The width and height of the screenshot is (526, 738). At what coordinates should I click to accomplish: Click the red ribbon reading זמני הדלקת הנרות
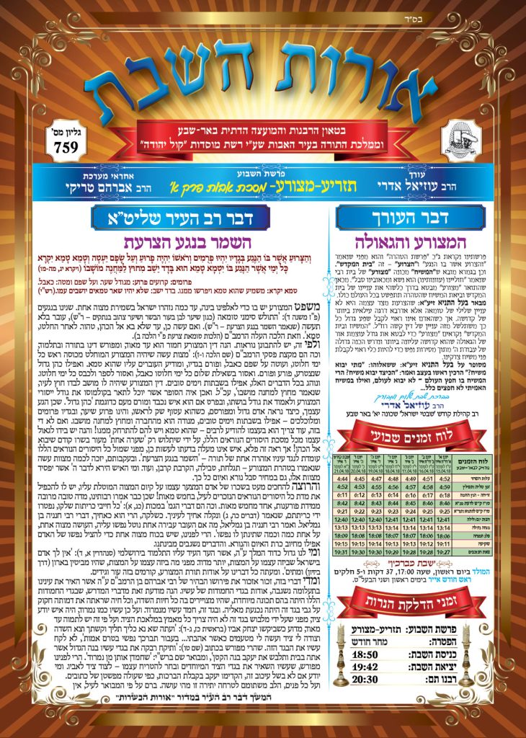[411, 603]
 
